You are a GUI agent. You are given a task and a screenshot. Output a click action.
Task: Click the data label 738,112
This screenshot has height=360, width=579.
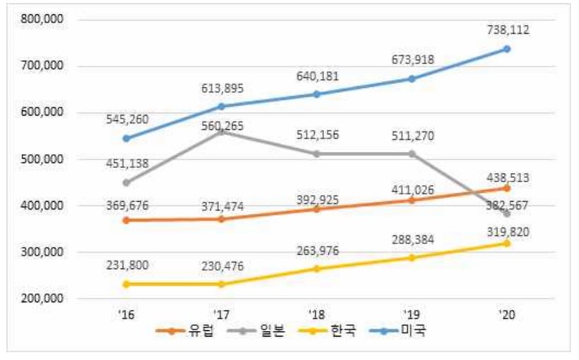coord(507,30)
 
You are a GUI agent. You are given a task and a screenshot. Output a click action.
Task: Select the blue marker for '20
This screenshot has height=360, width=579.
coord(507,49)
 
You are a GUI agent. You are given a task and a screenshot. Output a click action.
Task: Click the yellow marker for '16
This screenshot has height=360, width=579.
coord(125,284)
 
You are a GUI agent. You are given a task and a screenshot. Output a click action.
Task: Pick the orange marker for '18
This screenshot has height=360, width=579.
coord(316,209)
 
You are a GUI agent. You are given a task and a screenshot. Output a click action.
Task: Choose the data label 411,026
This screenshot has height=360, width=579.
coord(411,188)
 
